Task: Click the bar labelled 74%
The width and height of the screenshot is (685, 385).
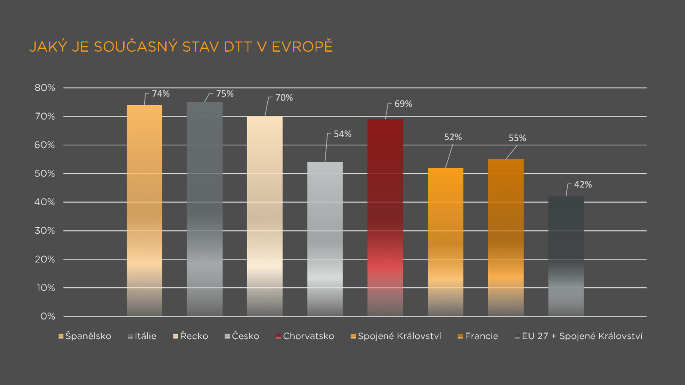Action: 144,210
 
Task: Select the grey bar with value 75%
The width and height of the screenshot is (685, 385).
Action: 205,210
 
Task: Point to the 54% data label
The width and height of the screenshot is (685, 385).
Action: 342,134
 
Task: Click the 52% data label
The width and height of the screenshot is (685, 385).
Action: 453,137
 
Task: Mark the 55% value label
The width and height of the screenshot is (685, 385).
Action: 517,138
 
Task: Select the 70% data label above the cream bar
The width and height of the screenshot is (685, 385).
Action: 284,98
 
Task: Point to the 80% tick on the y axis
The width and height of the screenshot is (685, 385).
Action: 45,88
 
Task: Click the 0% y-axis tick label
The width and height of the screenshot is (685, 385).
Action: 48,317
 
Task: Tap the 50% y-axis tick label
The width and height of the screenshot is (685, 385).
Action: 45,174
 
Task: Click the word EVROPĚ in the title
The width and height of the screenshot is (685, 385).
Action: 302,47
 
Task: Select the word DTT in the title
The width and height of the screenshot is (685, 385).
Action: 238,47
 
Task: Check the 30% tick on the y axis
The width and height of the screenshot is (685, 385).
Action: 45,231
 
